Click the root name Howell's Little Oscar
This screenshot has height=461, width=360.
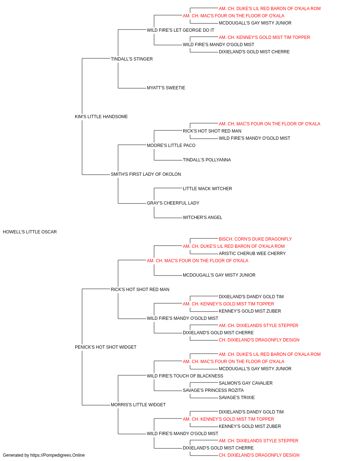tap(30, 232)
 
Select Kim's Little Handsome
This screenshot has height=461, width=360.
tap(101, 117)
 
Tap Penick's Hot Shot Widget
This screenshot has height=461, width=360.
tap(105, 347)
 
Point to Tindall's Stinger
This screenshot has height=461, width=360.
tap(132, 59)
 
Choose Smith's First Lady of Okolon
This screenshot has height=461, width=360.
tap(146, 174)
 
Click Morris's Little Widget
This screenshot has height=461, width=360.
tap(138, 405)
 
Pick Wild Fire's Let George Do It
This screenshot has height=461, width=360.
tap(180, 30)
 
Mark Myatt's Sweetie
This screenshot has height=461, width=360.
tap(166, 88)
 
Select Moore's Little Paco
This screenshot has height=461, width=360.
tap(171, 145)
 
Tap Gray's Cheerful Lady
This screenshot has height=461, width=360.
tap(173, 203)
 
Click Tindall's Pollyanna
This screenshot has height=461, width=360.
tap(207, 160)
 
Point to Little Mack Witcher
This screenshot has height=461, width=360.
tap(207, 189)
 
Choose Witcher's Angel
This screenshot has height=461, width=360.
tap(202, 218)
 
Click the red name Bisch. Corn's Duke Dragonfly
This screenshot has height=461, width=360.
tap(255, 239)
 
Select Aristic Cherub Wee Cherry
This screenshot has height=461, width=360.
tap(252, 254)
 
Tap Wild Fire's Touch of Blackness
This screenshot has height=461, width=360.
tap(185, 376)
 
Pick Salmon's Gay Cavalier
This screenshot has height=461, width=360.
tap(246, 383)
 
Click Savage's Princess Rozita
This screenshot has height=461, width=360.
tap(213, 390)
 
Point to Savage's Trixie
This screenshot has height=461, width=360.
tap(237, 398)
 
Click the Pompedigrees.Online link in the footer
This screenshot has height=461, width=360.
tap(57, 455)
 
